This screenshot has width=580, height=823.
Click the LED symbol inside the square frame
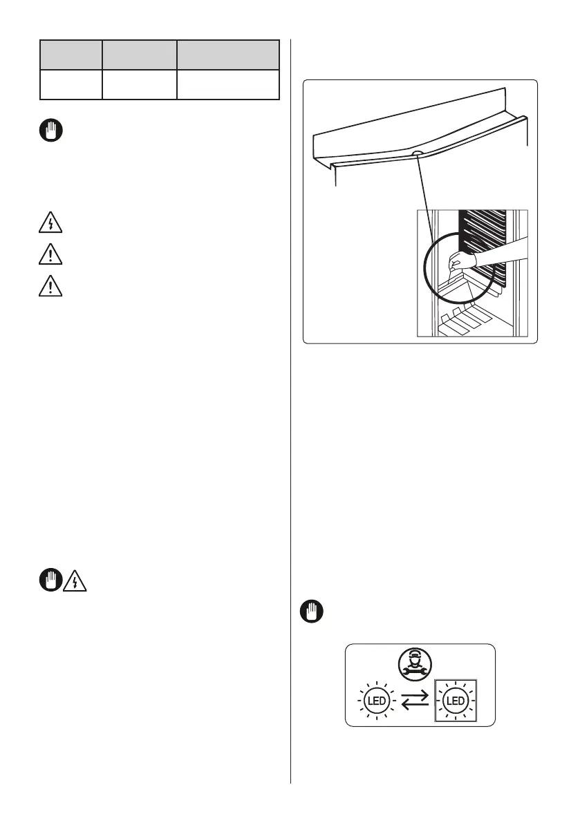[455, 701]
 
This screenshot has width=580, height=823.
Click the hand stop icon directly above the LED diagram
[312, 612]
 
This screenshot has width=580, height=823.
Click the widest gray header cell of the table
[228, 54]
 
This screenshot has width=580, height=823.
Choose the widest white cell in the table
[228, 84]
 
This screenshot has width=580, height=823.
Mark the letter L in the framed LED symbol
[448, 701]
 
